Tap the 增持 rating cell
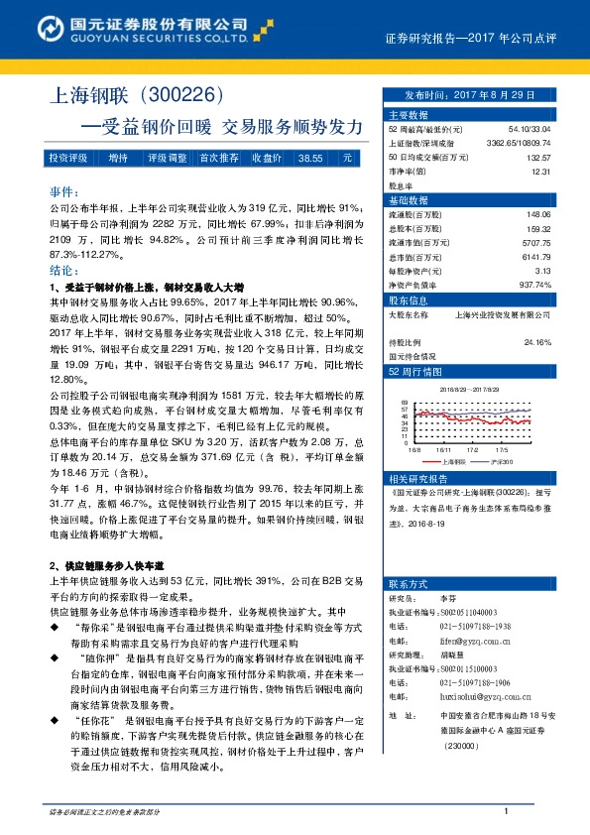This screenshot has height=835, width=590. pyautogui.click(x=118, y=158)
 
